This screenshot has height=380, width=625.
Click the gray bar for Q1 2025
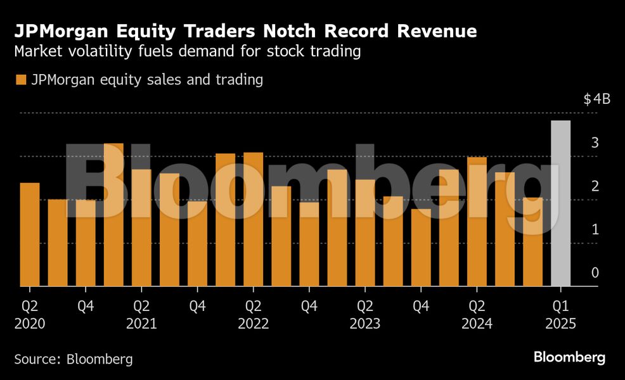(x=560, y=203)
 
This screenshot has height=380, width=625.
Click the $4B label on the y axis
(x=596, y=99)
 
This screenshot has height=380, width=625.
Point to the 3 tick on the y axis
(x=595, y=143)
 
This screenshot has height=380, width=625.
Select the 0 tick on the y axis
(x=595, y=273)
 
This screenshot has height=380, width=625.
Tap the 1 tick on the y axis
(x=595, y=229)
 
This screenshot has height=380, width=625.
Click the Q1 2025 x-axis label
(x=560, y=315)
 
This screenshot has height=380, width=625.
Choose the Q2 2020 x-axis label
(x=30, y=315)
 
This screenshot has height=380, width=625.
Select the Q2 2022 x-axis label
(x=253, y=315)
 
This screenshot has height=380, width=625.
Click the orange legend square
(x=20, y=80)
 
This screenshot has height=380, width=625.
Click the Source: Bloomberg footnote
(x=74, y=359)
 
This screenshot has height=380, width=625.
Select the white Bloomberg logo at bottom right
(x=569, y=358)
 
